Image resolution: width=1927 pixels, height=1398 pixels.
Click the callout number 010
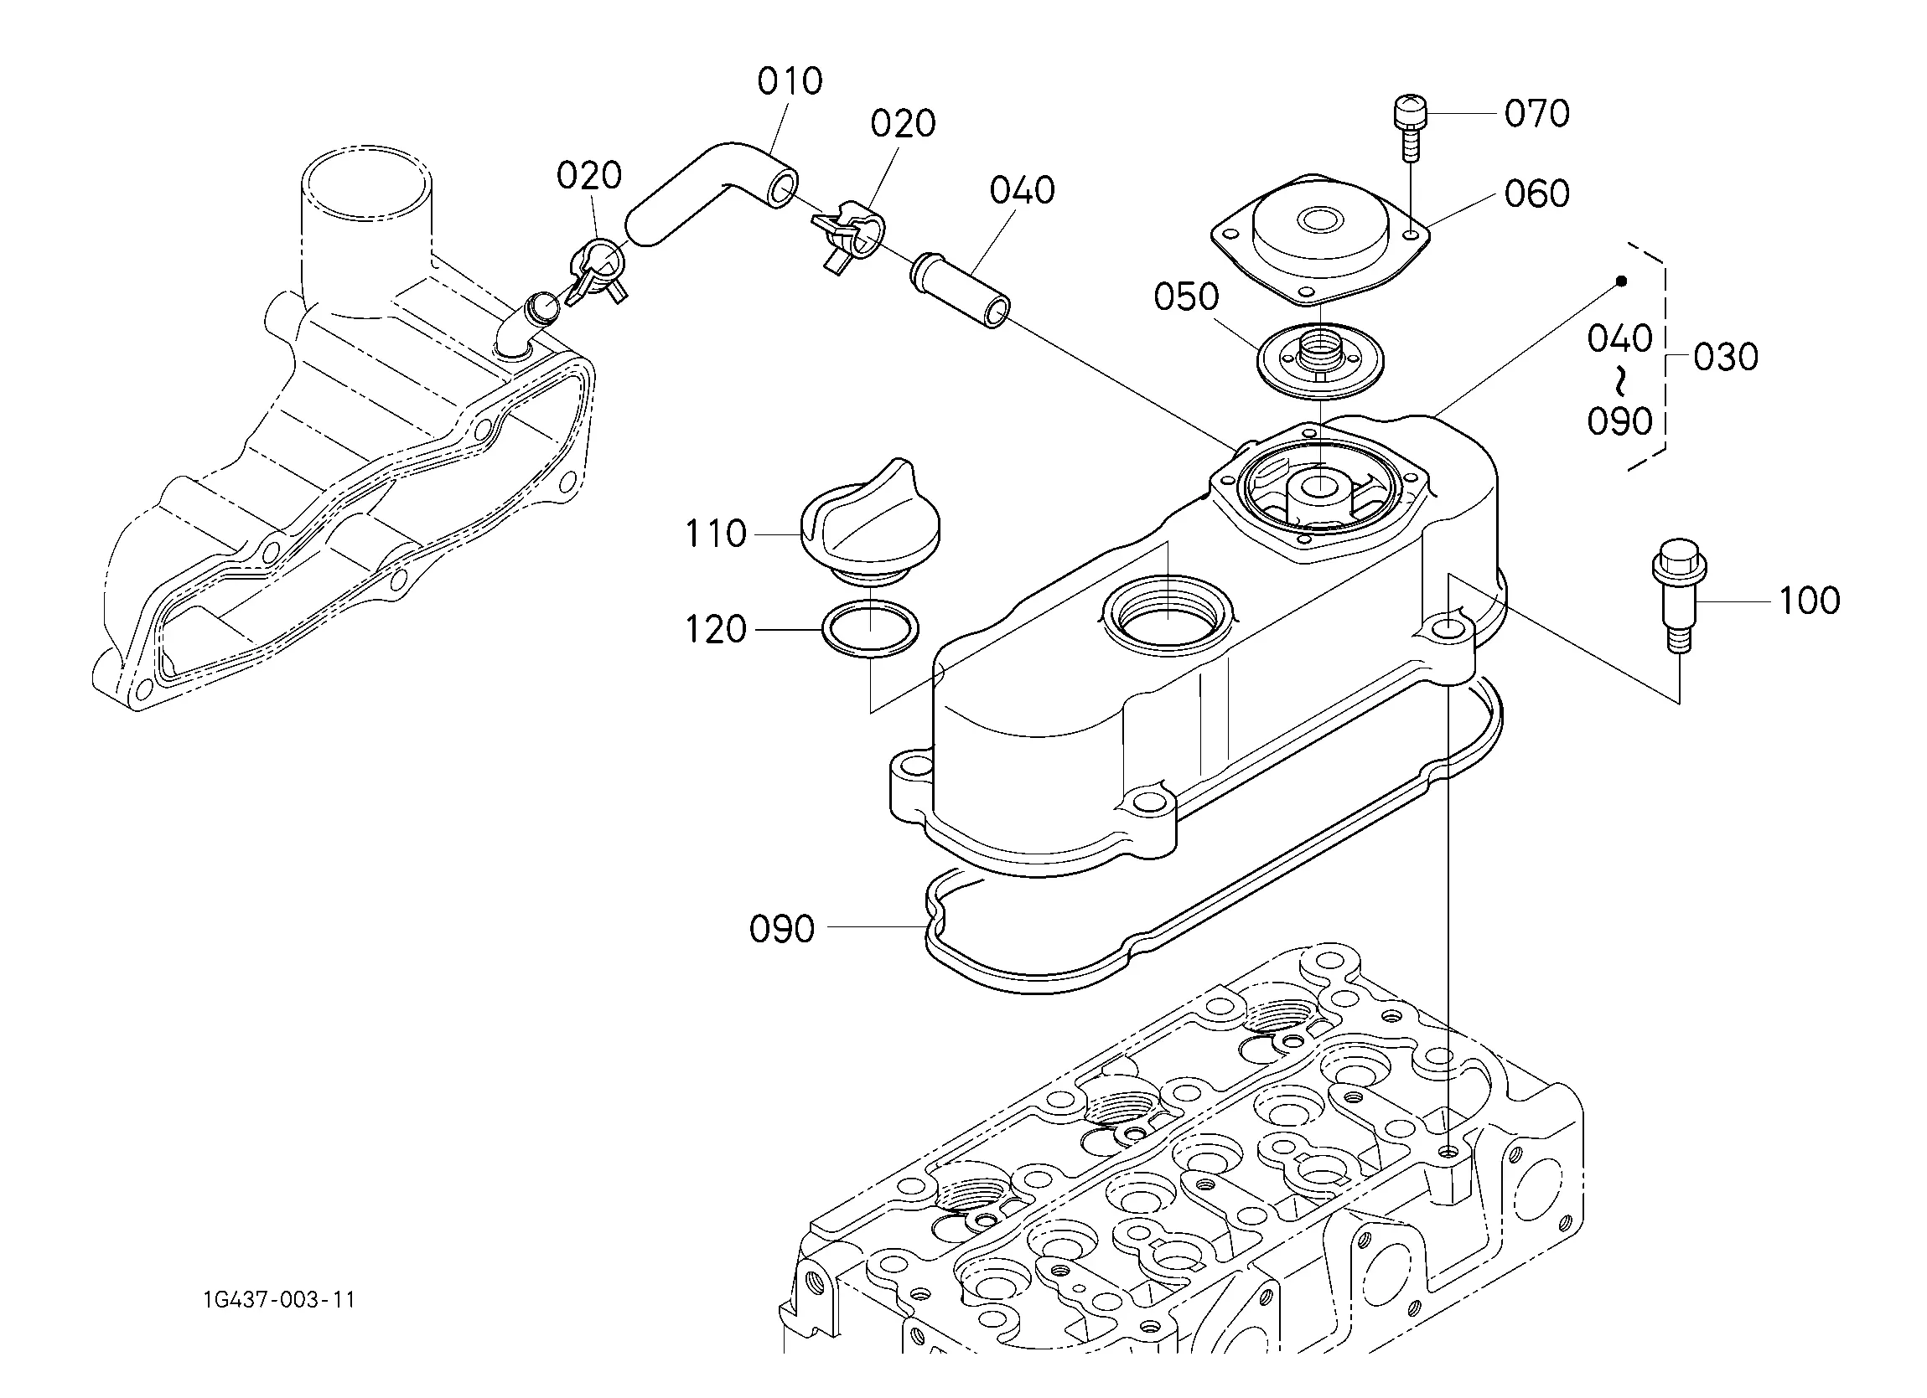coord(790,81)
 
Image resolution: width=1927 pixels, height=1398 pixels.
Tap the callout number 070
coord(1537,113)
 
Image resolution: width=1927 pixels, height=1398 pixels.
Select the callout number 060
coord(1537,193)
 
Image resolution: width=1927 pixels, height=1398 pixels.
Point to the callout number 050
coord(1186,297)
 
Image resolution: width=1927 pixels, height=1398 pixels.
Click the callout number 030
coord(1726,357)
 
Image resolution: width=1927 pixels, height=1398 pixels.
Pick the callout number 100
coord(1809,601)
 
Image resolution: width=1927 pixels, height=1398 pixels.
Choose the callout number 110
coord(716,534)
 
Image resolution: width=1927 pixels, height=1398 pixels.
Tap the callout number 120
coord(716,629)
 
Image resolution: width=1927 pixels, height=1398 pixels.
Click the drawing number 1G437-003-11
coord(278,1299)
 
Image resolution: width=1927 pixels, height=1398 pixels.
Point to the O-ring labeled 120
coord(871,629)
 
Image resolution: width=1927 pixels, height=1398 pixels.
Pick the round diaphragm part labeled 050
coord(1320,360)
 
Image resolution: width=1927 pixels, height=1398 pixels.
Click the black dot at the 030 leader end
coord(1621,281)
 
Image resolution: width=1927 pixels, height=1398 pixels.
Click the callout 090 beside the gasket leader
coord(782,929)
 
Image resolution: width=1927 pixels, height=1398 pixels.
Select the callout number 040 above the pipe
coord(1022,190)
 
